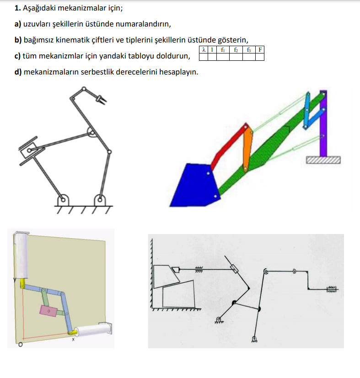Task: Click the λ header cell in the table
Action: [204, 50]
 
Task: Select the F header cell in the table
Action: [260, 50]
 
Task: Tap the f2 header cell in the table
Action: [236, 50]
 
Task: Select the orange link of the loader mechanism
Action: [247, 149]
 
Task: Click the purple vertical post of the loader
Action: [323, 123]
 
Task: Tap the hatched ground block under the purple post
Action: [323, 160]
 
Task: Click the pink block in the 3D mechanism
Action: [48, 311]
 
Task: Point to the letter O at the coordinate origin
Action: [21, 345]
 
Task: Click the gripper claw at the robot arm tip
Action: [102, 99]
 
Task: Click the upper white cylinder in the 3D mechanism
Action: [21, 255]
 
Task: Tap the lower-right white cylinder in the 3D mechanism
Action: [93, 329]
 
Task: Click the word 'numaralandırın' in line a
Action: [143, 24]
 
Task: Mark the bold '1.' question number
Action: [18, 8]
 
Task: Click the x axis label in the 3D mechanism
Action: [73, 340]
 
